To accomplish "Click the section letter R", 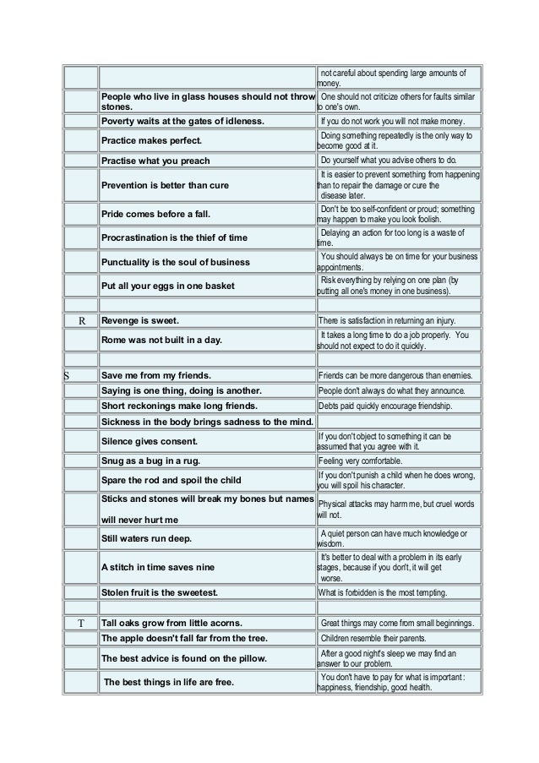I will pos(82,321).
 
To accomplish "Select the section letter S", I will pos(68,375).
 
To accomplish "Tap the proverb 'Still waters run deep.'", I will pos(146,537).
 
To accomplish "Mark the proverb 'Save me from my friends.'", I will pos(155,375).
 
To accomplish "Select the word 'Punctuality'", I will pos(131,261).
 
